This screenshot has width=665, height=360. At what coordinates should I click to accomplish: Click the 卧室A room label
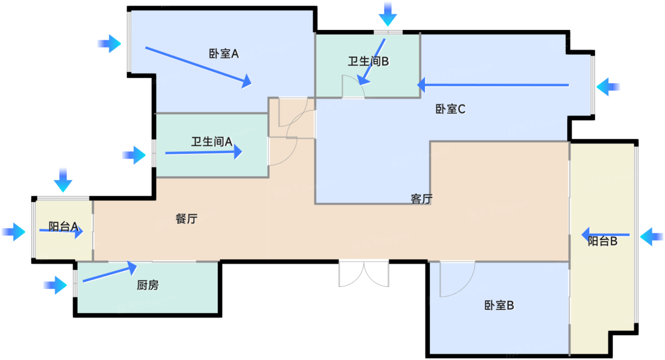click(x=223, y=54)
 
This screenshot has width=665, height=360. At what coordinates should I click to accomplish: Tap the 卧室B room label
click(x=499, y=305)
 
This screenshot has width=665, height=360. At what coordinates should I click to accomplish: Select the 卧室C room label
click(x=450, y=109)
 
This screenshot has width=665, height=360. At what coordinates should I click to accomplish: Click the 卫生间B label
click(x=369, y=61)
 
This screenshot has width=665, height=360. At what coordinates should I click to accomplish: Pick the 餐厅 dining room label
click(x=186, y=219)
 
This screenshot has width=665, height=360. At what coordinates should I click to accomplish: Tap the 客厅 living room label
click(x=421, y=199)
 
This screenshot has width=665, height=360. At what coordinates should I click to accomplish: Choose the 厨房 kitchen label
click(x=148, y=285)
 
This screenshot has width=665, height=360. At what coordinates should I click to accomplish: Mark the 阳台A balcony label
click(x=63, y=227)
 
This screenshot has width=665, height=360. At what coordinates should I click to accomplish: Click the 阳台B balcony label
click(x=602, y=241)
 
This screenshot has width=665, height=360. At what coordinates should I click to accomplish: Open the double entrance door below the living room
click(x=364, y=274)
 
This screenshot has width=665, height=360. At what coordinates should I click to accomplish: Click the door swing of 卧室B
click(x=457, y=279)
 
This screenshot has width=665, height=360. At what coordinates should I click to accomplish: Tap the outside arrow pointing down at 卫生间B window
click(x=388, y=14)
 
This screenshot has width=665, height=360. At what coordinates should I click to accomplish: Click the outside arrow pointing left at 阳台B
click(x=651, y=236)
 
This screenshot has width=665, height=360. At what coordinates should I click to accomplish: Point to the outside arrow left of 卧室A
click(x=110, y=44)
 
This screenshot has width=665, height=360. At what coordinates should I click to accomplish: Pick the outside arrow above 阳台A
click(x=63, y=179)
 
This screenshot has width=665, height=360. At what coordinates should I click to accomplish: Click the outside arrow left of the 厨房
click(x=56, y=285)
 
